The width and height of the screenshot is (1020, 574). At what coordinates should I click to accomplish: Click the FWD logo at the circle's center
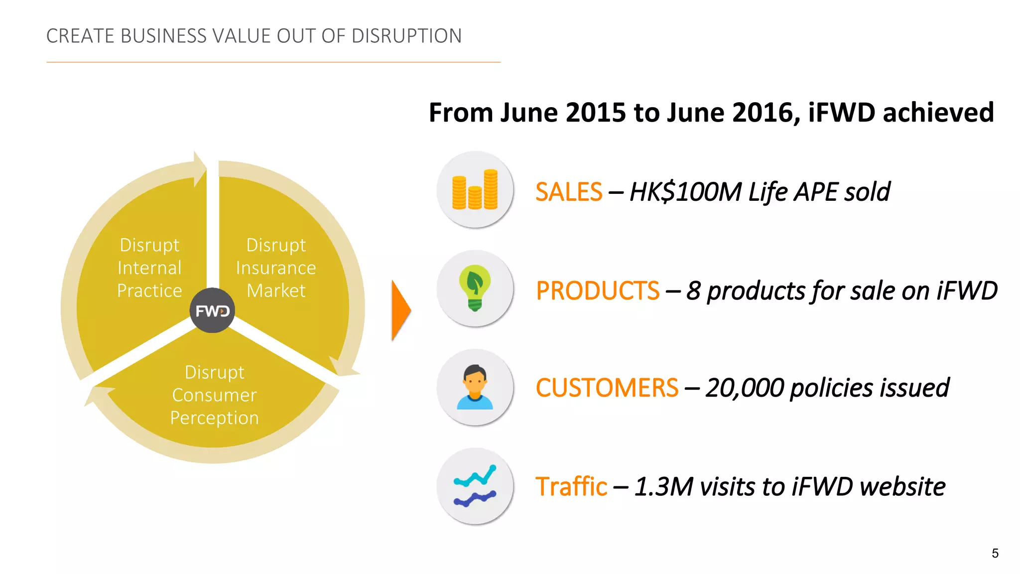coord(212,310)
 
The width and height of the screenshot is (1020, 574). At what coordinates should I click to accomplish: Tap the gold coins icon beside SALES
coord(475,189)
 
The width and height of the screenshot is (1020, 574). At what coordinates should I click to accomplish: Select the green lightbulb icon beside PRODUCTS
coord(475,288)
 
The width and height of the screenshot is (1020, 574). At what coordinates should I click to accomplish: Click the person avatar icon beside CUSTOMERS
coord(475,387)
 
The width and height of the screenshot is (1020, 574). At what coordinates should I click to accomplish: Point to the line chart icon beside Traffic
coord(475,486)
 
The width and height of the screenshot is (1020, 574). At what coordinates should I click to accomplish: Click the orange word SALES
coord(569,192)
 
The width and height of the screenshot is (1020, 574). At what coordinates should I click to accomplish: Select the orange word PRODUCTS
coord(598,290)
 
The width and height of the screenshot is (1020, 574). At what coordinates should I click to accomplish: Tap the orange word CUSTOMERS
coord(607,388)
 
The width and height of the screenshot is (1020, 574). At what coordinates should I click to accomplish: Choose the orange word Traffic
coord(571,486)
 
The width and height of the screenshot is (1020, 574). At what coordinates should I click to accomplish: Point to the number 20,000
coord(745,388)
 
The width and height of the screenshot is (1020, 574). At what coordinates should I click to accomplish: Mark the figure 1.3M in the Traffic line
coord(664,486)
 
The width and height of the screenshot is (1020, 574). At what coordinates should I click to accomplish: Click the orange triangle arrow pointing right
coord(401,310)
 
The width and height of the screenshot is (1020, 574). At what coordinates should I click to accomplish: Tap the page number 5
coord(995,553)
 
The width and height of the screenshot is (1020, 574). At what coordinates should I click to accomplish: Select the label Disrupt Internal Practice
coord(149,268)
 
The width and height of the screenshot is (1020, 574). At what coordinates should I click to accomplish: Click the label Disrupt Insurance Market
coord(276,268)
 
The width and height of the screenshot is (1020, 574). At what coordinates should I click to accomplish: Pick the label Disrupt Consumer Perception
coord(214,395)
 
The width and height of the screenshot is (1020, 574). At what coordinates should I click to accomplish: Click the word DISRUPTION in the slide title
coord(406,36)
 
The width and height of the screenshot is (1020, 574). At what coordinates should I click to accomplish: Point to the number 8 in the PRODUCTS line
coord(693,290)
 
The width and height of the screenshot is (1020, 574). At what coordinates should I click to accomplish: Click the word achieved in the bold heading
coord(938,112)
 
